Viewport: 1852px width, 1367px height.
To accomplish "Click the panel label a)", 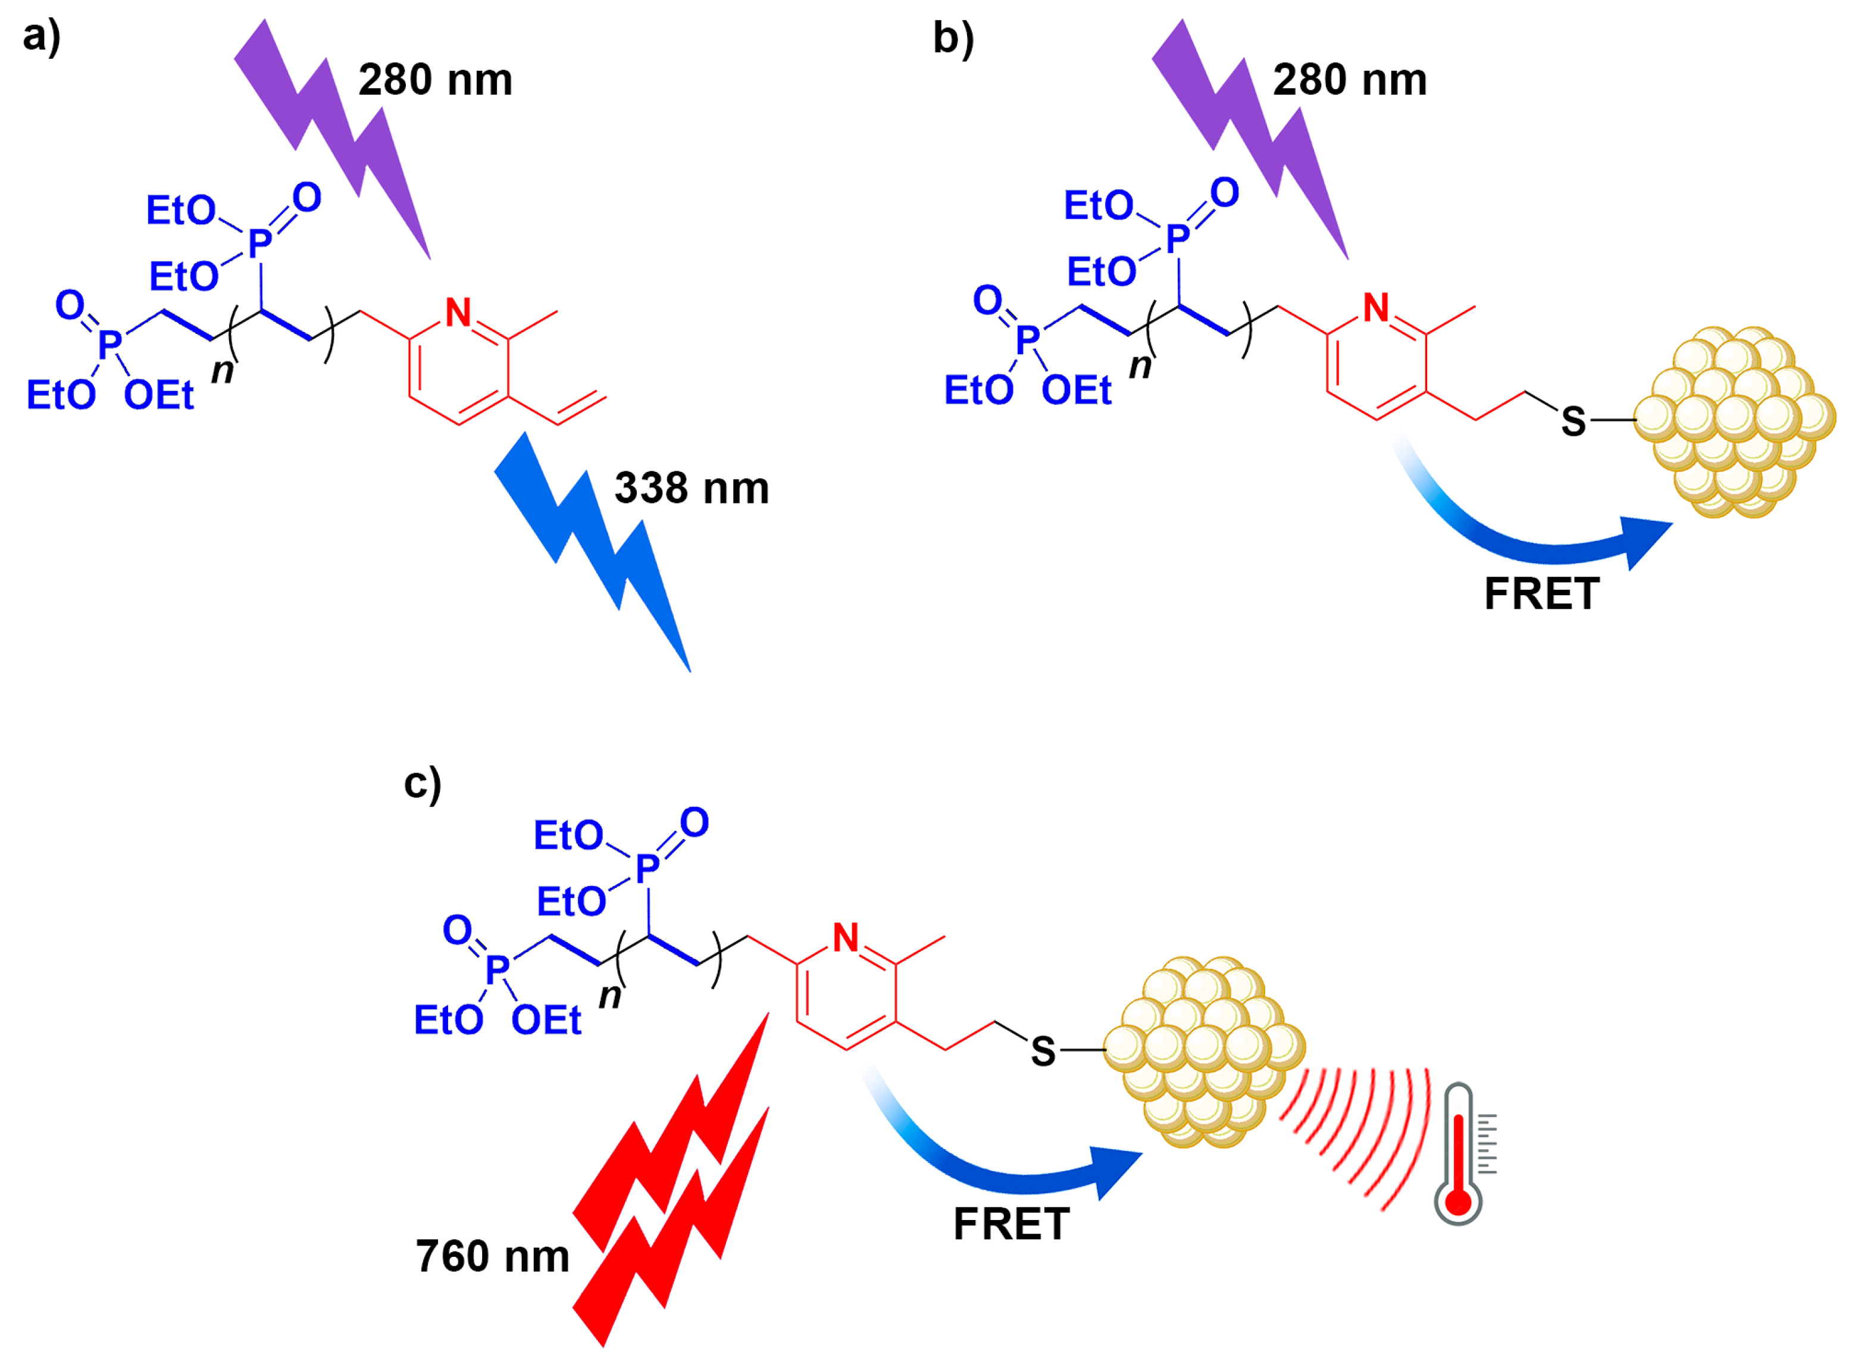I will click(x=42, y=38).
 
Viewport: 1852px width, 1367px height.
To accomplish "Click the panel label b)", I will click(x=953, y=38).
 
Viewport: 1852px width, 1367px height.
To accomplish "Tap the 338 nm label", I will click(x=692, y=488).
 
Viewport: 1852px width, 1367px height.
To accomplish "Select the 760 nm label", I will click(x=492, y=1256).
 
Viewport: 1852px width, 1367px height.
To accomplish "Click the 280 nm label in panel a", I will click(x=435, y=80).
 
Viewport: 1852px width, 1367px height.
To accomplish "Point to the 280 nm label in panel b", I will click(x=1350, y=80).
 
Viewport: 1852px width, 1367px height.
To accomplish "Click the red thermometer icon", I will click(x=1457, y=1155).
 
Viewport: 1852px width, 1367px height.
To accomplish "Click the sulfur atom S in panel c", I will click(x=1043, y=1052).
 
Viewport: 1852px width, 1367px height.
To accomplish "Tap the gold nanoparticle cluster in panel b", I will click(x=1734, y=422).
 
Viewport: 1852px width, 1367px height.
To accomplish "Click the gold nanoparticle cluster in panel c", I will click(x=1204, y=1051).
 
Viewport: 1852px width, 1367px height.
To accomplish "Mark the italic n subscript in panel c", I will click(x=610, y=996).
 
